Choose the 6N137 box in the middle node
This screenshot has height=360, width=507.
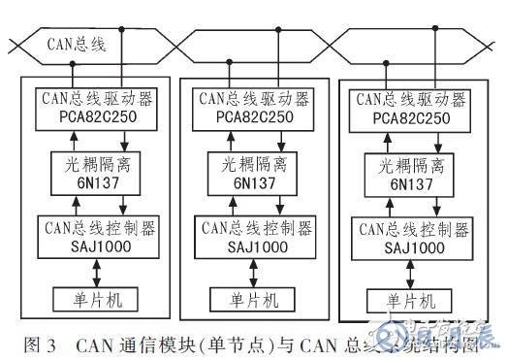pyautogui.click(x=255, y=173)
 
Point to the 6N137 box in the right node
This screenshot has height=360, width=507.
pyautogui.click(x=411, y=175)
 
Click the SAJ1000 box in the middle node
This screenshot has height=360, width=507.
pyautogui.click(x=255, y=237)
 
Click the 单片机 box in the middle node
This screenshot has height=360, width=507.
pyautogui.click(x=254, y=297)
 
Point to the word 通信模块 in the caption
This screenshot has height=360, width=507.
pyautogui.click(x=160, y=342)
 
